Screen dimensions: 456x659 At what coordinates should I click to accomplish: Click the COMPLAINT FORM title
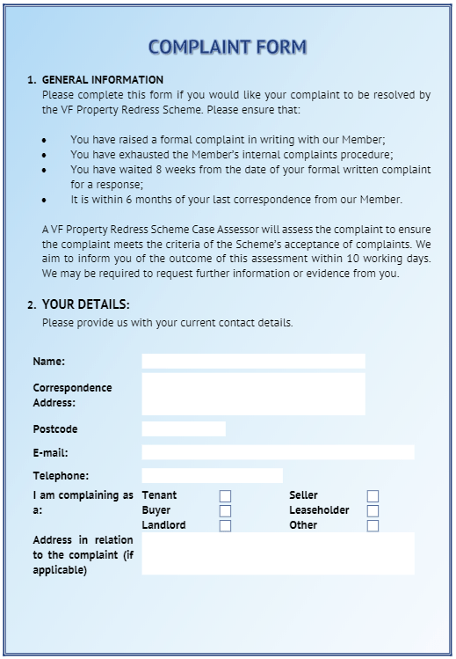(x=228, y=47)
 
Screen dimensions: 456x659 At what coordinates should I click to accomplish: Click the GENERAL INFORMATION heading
(x=103, y=80)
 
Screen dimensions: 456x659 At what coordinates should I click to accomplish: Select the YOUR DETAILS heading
(x=85, y=304)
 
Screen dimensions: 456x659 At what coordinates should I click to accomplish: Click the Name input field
(x=253, y=361)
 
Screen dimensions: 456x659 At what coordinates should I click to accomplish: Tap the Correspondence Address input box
(x=253, y=393)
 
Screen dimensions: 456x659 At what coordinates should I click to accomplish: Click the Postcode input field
(x=184, y=428)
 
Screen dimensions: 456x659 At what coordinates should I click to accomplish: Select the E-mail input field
(x=278, y=452)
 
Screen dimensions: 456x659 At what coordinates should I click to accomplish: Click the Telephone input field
(x=212, y=475)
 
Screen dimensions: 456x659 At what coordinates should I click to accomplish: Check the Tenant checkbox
(x=225, y=496)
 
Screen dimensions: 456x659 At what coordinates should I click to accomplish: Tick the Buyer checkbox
(x=225, y=511)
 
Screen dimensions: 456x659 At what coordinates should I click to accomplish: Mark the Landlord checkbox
(x=225, y=526)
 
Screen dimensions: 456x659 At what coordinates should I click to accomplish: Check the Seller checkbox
(x=373, y=496)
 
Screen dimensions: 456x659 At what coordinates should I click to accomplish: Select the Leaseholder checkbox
(x=373, y=511)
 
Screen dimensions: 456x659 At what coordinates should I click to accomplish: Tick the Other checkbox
(x=373, y=526)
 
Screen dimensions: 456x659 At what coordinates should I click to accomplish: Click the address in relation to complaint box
(x=278, y=553)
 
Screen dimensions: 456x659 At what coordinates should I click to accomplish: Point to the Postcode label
(x=55, y=429)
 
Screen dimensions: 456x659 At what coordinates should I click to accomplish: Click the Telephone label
(x=61, y=476)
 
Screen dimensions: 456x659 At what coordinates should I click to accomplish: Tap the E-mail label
(x=50, y=453)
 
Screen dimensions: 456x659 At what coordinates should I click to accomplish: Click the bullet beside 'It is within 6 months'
(x=45, y=200)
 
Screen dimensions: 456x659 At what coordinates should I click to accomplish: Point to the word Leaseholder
(x=319, y=510)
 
